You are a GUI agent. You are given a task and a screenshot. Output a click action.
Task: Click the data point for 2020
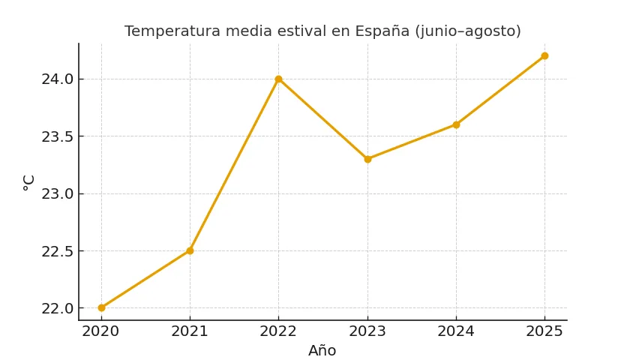click(x=101, y=307)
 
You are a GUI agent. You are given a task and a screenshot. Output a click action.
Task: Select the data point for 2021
click(x=190, y=250)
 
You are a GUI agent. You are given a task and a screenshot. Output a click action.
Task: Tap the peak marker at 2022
click(x=278, y=79)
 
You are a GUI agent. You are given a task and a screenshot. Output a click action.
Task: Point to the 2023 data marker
click(x=367, y=159)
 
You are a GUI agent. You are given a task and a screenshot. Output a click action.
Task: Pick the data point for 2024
click(x=456, y=124)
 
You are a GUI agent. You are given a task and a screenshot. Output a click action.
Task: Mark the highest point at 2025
click(x=544, y=55)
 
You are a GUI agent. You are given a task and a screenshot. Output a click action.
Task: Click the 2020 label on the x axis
click(x=101, y=331)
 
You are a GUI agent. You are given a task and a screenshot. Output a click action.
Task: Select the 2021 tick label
click(x=190, y=331)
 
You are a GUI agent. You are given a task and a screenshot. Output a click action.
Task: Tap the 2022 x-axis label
click(x=278, y=331)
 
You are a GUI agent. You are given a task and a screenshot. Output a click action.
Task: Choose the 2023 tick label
click(x=367, y=331)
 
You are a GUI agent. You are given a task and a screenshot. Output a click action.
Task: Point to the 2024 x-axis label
click(x=456, y=331)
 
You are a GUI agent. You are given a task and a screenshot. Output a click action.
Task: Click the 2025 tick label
click(x=544, y=331)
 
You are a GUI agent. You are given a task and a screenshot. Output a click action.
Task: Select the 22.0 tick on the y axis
click(x=57, y=308)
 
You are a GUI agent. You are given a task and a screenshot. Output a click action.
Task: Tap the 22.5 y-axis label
click(x=57, y=251)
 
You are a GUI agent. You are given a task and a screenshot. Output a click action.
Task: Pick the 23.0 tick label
click(x=57, y=193)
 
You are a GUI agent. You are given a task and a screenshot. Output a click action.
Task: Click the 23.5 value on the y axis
click(x=57, y=136)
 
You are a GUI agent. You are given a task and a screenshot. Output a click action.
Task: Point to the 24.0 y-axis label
click(x=57, y=79)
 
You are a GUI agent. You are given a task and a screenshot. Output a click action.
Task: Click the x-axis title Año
click(x=322, y=351)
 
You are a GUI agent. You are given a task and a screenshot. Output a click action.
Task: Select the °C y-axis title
click(x=29, y=182)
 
